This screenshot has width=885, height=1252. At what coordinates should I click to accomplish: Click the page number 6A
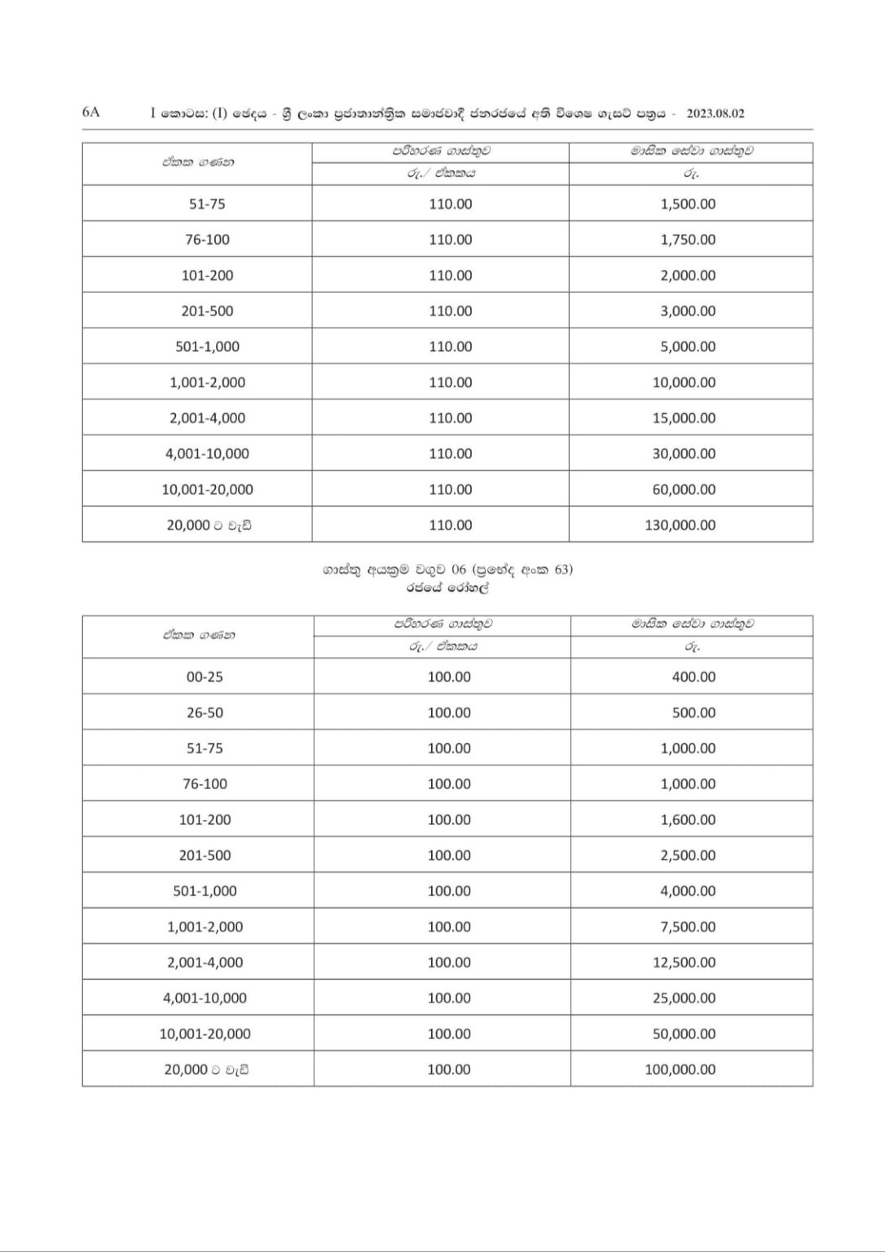pos(90,112)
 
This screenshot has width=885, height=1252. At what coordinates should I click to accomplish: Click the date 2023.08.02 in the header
pos(715,113)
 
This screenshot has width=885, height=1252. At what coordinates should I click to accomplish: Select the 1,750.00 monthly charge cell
pos(688,240)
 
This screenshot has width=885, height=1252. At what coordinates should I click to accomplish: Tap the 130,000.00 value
pos(680,525)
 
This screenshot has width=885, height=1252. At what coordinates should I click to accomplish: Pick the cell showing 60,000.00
pos(684,489)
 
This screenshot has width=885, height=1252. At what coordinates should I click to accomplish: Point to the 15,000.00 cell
pos(684,418)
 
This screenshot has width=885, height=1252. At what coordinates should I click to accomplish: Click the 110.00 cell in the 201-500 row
pos(450,311)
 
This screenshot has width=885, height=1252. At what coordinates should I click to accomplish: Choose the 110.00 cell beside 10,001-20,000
pos(450,489)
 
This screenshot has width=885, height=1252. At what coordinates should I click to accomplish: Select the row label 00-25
pos(205,677)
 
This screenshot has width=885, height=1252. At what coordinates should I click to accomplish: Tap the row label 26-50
pos(205,712)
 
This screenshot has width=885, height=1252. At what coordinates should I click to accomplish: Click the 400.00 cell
pos(693,677)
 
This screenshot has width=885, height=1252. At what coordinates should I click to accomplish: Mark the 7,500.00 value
pos(688,927)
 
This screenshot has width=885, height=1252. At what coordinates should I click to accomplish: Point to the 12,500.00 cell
pos(684,963)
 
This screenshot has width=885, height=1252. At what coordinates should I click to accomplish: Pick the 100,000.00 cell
pos(680,1069)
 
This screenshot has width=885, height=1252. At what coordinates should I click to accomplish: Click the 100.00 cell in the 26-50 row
pos(449,712)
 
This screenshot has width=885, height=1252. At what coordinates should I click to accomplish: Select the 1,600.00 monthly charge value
pos(688,819)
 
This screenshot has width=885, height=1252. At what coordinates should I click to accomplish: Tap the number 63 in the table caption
pos(562,570)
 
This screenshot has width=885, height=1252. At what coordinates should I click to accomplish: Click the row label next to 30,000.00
pos(207,454)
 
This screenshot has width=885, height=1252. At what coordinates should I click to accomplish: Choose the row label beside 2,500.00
pos(205,855)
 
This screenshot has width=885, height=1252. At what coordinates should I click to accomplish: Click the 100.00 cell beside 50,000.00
pos(449,1034)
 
